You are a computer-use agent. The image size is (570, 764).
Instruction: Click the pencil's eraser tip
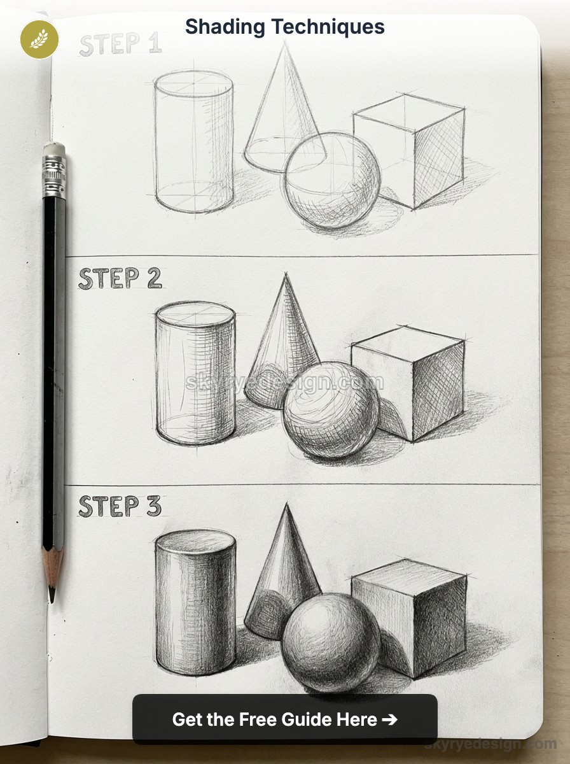[54, 149]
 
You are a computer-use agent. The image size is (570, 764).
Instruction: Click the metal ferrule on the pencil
[54, 176]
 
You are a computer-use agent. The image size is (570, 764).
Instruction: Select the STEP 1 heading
[120, 45]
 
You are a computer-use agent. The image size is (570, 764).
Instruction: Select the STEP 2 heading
[120, 279]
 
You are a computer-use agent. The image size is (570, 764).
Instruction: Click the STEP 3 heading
[120, 506]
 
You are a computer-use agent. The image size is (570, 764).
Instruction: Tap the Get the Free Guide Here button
[284, 719]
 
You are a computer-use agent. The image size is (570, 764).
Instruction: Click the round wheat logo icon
[39, 39]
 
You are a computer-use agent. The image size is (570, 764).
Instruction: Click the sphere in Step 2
[331, 410]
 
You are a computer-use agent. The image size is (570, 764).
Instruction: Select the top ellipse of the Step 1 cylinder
[193, 83]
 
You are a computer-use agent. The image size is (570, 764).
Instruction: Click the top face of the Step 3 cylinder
[195, 542]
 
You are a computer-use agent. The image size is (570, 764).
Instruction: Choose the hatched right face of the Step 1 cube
[438, 159]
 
